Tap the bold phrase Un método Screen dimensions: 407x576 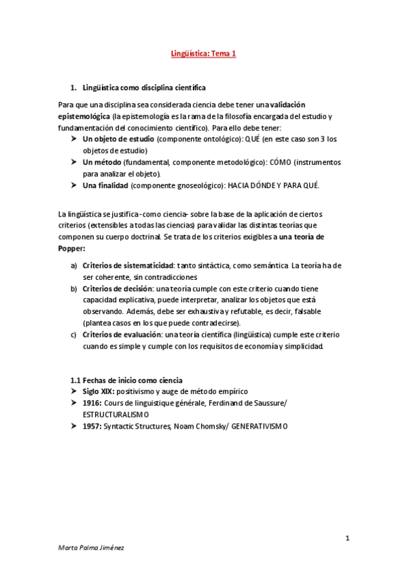(102, 162)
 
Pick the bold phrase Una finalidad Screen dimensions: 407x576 (105, 185)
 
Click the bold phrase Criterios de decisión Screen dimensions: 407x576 (118, 288)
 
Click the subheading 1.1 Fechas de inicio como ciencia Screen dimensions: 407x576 (126, 380)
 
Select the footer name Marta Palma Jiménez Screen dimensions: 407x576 (91, 566)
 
